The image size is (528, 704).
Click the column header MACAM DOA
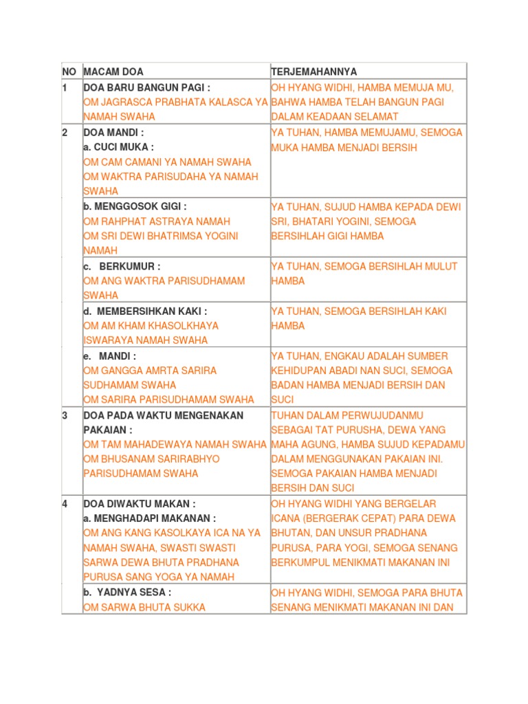tap(113, 71)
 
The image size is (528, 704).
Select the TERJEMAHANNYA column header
tap(314, 71)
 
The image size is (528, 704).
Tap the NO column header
tap(69, 71)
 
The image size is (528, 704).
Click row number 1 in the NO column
tap(65, 87)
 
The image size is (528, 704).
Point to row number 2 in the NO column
tap(65, 132)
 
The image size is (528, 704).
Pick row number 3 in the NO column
tap(65, 415)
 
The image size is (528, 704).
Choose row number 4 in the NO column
tap(65, 503)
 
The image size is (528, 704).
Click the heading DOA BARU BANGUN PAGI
tap(146, 87)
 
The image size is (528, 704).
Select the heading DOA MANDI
tap(114, 132)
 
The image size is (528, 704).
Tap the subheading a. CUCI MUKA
tap(118, 147)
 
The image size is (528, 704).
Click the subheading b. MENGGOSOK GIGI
tap(135, 206)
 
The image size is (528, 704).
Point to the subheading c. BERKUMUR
tap(122, 266)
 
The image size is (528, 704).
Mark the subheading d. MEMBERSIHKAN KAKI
tap(145, 311)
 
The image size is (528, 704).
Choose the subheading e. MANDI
tap(110, 355)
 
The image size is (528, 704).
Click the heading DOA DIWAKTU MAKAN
tap(140, 503)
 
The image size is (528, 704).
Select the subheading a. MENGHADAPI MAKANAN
tap(150, 518)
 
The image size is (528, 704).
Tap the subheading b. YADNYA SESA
tap(127, 592)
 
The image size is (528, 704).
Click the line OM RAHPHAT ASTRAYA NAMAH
tap(157, 221)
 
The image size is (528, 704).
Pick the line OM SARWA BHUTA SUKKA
tap(144, 607)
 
